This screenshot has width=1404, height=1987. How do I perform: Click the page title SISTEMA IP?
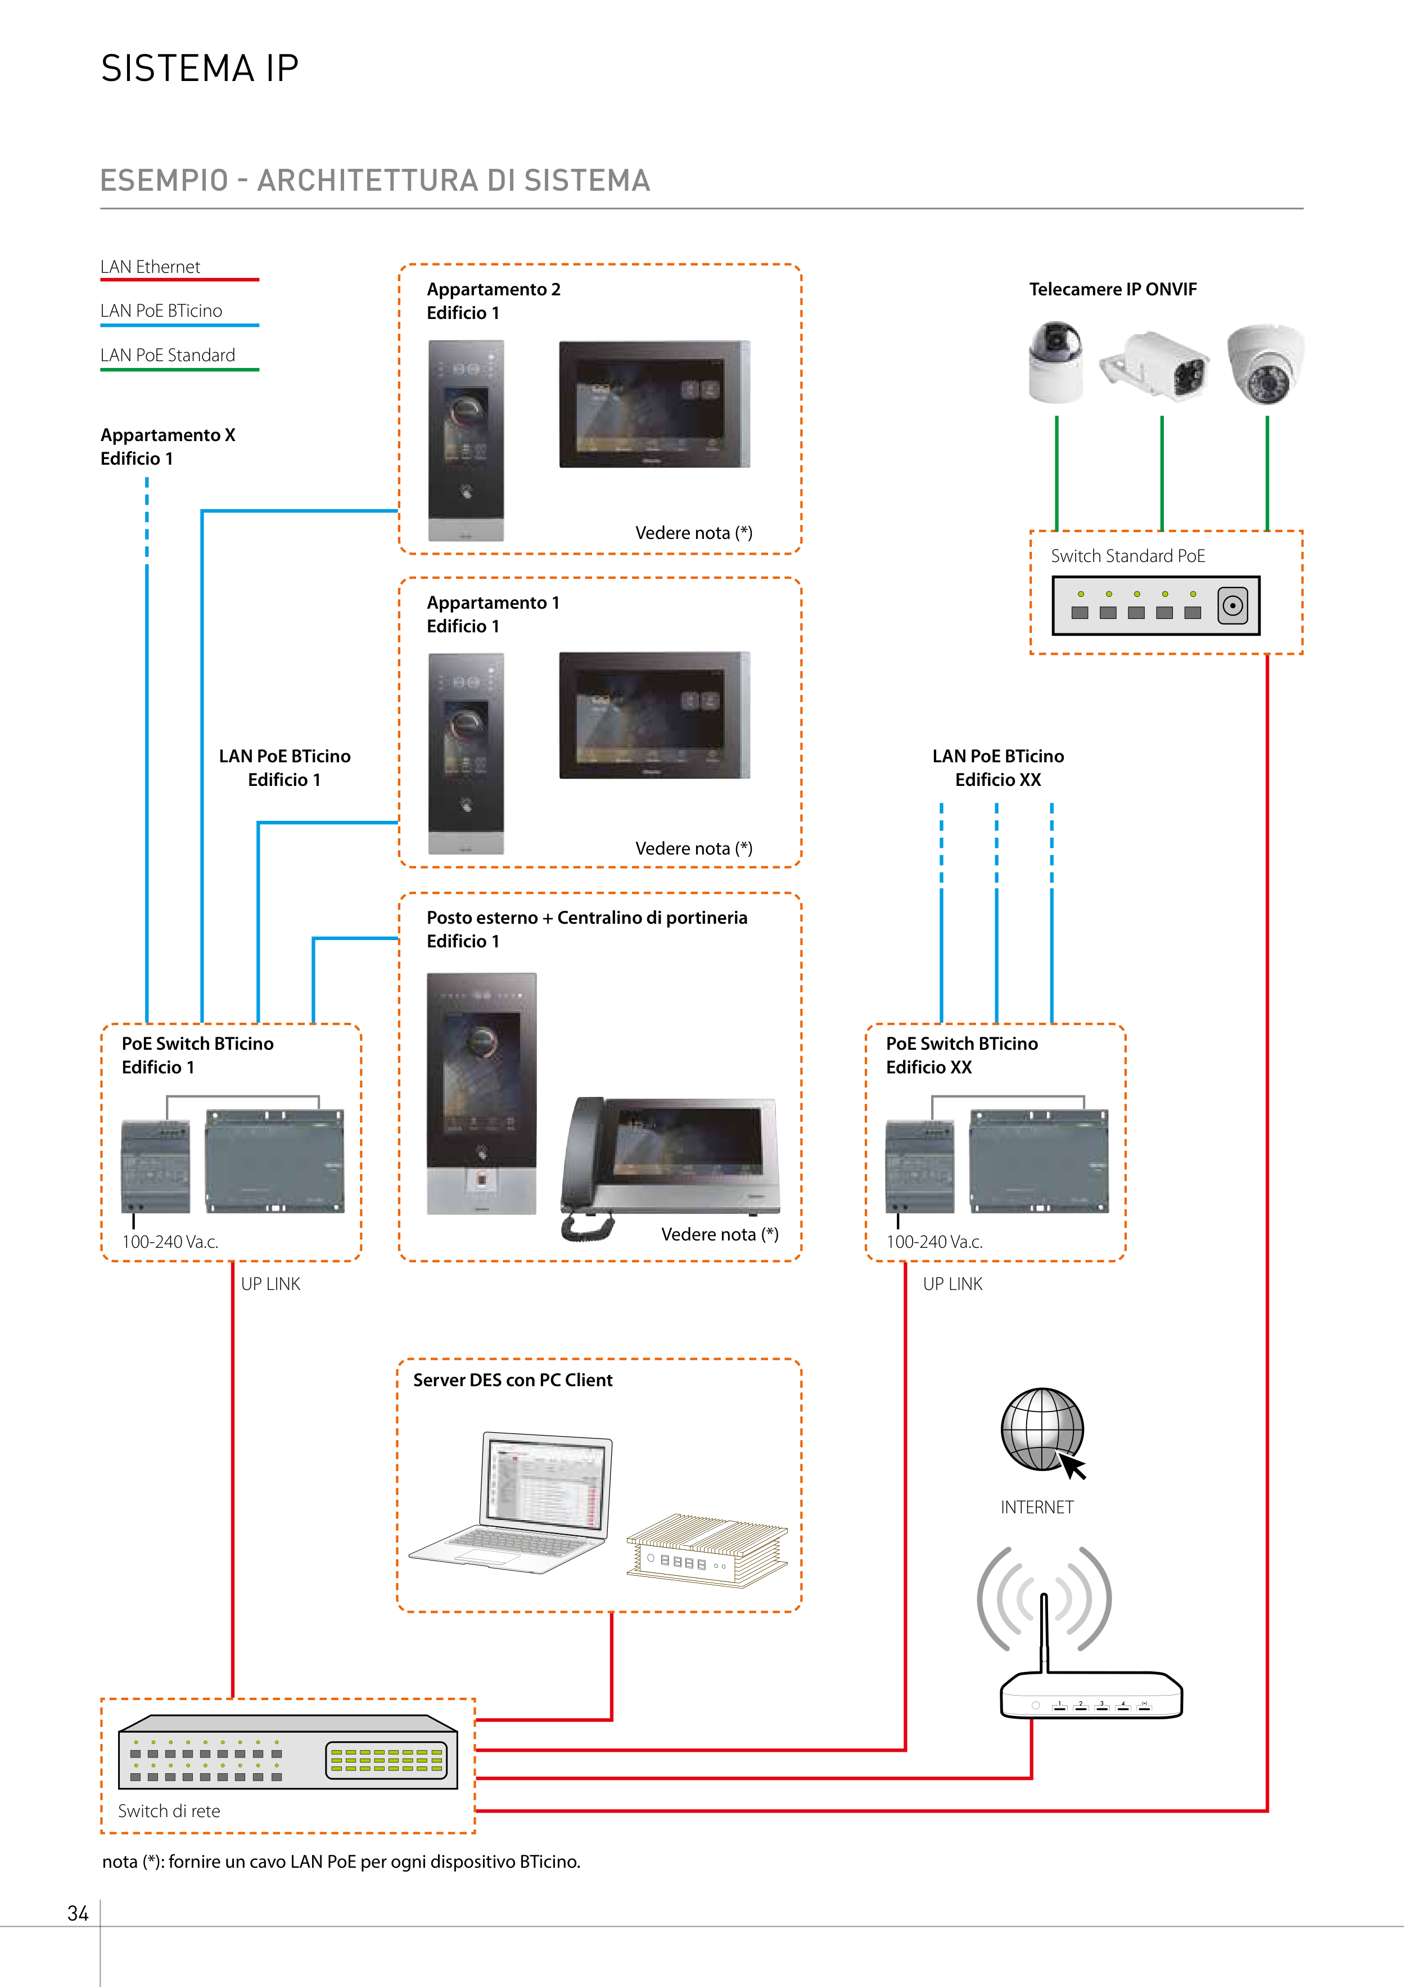[200, 69]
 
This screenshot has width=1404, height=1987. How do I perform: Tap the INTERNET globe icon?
[1041, 1429]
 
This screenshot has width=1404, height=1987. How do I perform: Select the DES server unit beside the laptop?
[707, 1551]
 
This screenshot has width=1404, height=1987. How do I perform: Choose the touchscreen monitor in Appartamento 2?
[654, 404]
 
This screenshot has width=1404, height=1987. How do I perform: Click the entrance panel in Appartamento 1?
[466, 753]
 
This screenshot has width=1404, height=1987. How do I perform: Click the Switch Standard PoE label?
[1127, 556]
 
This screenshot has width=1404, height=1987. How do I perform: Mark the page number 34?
[78, 1913]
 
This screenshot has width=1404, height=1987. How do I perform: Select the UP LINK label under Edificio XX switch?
[952, 1284]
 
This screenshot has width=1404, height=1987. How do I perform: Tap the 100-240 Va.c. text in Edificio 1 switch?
[170, 1242]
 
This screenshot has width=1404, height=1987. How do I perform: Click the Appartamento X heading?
[168, 435]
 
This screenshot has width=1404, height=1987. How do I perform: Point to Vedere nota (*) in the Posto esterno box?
[720, 1235]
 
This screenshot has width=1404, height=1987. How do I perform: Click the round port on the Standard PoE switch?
[1232, 606]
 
